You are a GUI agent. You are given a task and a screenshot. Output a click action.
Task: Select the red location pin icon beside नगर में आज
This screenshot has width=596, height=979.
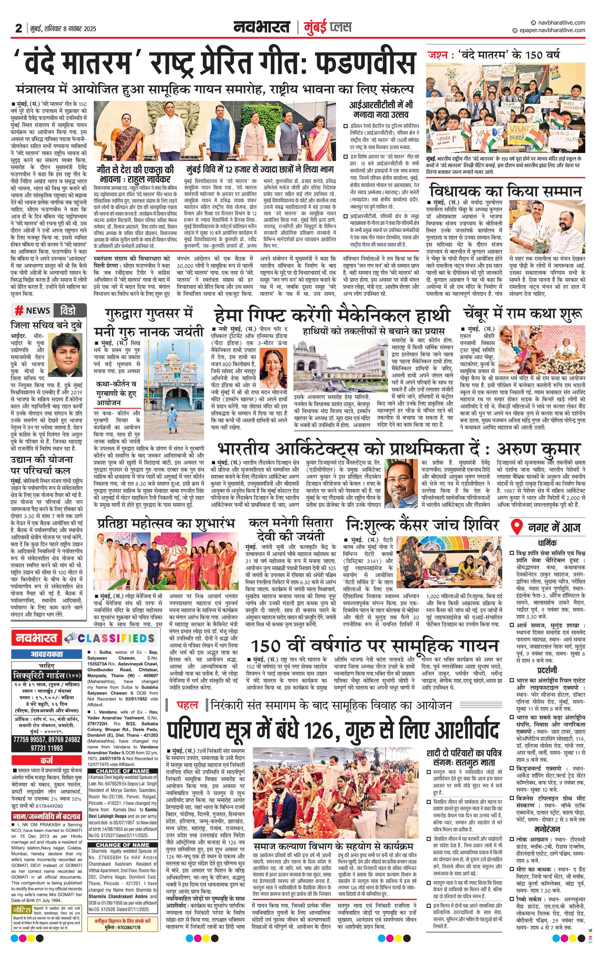point(517,527)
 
